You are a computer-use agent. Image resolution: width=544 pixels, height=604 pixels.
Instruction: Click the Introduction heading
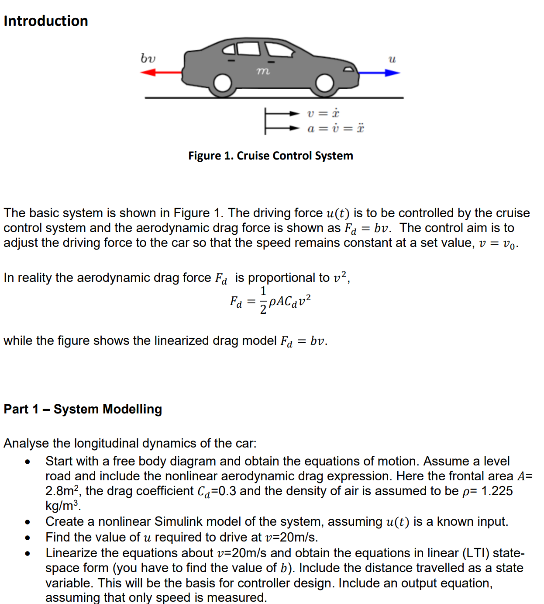pyautogui.click(x=46, y=21)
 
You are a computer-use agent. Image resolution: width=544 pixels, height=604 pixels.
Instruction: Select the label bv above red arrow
pyautogui.click(x=148, y=58)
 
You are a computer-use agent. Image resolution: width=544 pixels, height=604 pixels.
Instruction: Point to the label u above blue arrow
pyautogui.click(x=392, y=59)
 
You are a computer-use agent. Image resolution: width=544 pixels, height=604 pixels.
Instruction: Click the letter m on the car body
pyautogui.click(x=262, y=70)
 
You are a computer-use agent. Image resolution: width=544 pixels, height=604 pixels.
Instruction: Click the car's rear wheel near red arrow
pyautogui.click(x=223, y=83)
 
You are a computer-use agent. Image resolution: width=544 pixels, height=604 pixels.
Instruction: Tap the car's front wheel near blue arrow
pyautogui.click(x=324, y=83)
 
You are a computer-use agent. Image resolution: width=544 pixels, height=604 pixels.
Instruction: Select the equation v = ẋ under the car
pyautogui.click(x=323, y=114)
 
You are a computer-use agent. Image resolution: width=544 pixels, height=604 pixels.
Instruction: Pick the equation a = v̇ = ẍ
pyautogui.click(x=335, y=128)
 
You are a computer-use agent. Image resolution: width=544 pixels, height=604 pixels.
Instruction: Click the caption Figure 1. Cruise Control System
pyautogui.click(x=270, y=156)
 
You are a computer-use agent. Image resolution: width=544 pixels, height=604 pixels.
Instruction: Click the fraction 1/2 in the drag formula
pyautogui.click(x=263, y=300)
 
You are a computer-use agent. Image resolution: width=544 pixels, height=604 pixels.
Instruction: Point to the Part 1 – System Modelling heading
pyautogui.click(x=83, y=409)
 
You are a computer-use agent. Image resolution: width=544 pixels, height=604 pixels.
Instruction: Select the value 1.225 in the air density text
pyautogui.click(x=497, y=491)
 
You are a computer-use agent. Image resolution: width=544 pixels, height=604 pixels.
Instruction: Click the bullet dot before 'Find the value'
pyautogui.click(x=28, y=538)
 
